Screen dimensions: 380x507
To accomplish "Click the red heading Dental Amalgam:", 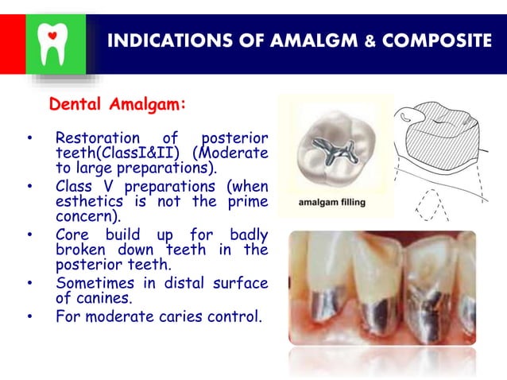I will pyautogui.click(x=118, y=105).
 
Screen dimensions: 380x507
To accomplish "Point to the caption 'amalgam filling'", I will pyautogui.click(x=331, y=202).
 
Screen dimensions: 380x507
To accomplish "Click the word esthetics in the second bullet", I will pyautogui.click(x=90, y=201).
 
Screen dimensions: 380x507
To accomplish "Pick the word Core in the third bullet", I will pyautogui.click(x=72, y=235).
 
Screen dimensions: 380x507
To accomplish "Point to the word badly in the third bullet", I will pyautogui.click(x=248, y=235).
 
